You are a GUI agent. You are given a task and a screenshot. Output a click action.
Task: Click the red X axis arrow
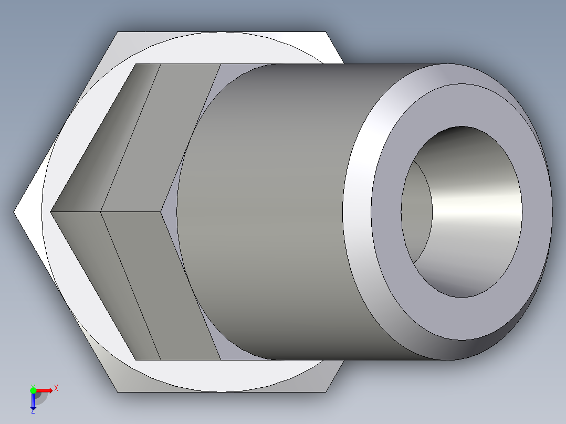(44, 390)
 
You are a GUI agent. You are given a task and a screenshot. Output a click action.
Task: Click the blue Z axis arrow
(33, 402)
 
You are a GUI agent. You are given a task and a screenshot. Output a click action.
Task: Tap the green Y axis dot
(33, 390)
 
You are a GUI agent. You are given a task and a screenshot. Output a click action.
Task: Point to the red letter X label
(56, 388)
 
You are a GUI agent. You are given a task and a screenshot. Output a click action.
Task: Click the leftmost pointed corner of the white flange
(15, 212)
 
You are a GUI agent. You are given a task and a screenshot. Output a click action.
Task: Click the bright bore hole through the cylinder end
(473, 210)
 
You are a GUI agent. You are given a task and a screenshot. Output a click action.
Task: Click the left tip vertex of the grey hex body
(50, 212)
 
